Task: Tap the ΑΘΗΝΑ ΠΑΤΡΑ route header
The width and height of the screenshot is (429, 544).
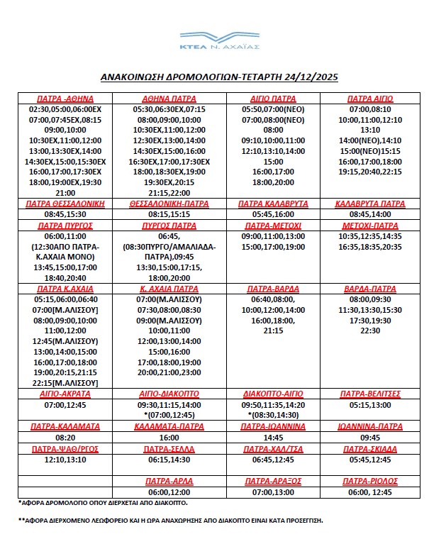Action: click(x=169, y=99)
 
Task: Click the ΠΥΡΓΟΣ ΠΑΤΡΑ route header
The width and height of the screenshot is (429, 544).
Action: click(x=169, y=225)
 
